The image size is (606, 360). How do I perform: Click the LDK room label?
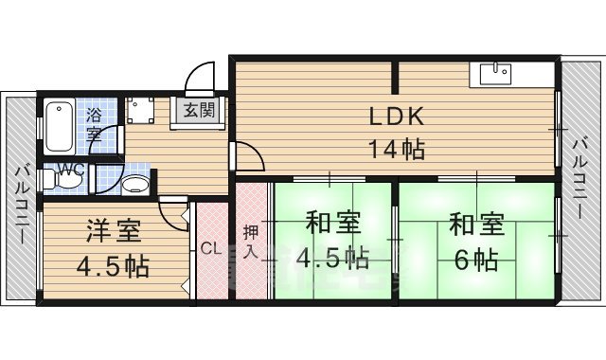[x=396, y=119]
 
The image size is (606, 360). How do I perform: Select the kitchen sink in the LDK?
[x=496, y=73]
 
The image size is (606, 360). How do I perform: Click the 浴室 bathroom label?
[x=95, y=125]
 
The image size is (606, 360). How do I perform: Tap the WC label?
[x=70, y=171]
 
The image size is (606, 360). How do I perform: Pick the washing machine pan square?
[x=143, y=111]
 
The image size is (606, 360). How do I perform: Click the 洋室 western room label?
[x=112, y=231]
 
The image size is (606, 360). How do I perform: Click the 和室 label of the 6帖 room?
[x=476, y=225]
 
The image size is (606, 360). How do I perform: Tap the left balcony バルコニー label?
[x=19, y=204]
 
